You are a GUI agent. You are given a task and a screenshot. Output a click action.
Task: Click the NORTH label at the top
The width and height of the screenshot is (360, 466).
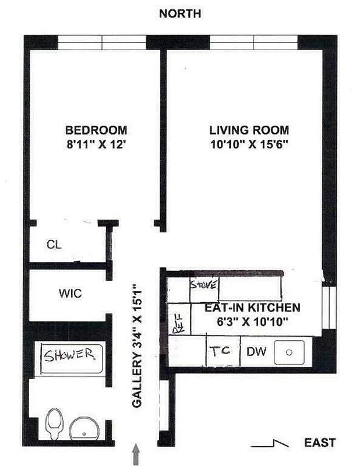tap(180, 13)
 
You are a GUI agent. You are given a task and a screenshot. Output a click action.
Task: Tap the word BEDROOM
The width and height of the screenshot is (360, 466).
tap(96, 130)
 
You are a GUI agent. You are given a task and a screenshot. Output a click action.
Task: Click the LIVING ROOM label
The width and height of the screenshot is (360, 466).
tap(249, 130)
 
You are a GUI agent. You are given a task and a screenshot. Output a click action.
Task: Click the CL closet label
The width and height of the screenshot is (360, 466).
tap(54, 245)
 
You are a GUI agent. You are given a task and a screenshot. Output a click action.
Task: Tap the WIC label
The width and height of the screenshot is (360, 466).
tap(70, 294)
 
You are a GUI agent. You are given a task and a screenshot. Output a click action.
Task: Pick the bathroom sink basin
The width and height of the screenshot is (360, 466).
tap(85, 430)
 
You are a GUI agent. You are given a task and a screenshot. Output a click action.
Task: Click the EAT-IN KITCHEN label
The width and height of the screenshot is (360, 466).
tap(252, 308)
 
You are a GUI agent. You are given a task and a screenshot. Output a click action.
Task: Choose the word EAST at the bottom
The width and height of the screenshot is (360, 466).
tap(320, 443)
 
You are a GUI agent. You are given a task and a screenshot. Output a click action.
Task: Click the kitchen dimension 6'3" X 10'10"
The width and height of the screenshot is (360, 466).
tap(252, 321)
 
